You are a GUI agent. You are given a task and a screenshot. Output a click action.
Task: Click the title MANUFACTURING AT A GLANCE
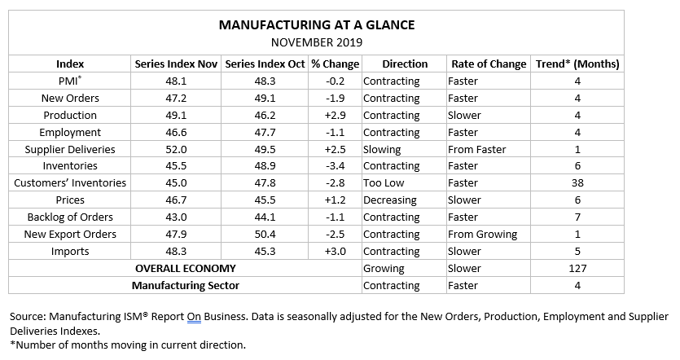click(x=317, y=25)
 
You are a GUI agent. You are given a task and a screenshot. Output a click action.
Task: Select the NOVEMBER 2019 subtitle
click(x=316, y=42)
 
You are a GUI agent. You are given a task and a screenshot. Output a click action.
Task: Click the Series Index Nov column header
click(x=176, y=64)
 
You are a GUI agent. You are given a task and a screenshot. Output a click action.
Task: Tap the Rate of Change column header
click(x=487, y=64)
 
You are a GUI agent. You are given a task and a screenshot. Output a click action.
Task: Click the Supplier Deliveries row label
click(x=70, y=149)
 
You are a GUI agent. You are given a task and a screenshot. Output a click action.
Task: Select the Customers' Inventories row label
click(x=70, y=183)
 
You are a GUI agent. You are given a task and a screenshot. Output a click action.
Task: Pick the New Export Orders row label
click(x=70, y=235)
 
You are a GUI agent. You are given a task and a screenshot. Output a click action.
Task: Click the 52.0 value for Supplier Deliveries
click(x=177, y=149)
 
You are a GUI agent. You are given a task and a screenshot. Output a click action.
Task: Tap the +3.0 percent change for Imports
click(x=334, y=252)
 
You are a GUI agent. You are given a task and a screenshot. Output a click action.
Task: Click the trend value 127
click(x=577, y=269)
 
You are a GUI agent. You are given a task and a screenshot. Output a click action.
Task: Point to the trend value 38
click(x=577, y=183)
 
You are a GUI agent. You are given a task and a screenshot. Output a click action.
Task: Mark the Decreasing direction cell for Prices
click(x=390, y=200)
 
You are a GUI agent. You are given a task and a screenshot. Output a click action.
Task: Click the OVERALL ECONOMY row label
click(x=186, y=269)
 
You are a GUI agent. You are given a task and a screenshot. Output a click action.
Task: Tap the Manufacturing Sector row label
click(x=186, y=286)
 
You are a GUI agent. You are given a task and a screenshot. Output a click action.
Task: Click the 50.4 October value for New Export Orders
click(x=264, y=235)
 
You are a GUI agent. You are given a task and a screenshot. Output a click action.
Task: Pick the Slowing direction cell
click(x=382, y=149)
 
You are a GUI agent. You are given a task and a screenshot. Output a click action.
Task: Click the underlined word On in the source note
click(x=193, y=316)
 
